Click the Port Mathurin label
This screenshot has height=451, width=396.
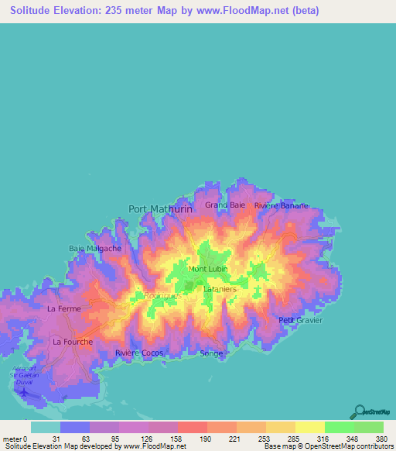point(159,208)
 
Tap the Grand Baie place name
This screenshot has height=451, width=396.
point(225,205)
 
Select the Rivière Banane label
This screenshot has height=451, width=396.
point(282,206)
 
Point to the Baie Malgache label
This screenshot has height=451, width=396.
point(95,249)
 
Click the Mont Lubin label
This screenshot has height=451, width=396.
point(207,270)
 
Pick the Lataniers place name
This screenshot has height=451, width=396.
point(220,289)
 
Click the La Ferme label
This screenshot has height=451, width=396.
point(64,308)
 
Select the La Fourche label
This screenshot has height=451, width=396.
point(73,342)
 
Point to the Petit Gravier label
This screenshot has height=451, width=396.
point(301,320)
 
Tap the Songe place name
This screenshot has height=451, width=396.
point(211,353)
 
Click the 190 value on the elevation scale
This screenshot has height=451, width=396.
point(206,438)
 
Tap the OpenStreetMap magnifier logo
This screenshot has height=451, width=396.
point(359,412)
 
